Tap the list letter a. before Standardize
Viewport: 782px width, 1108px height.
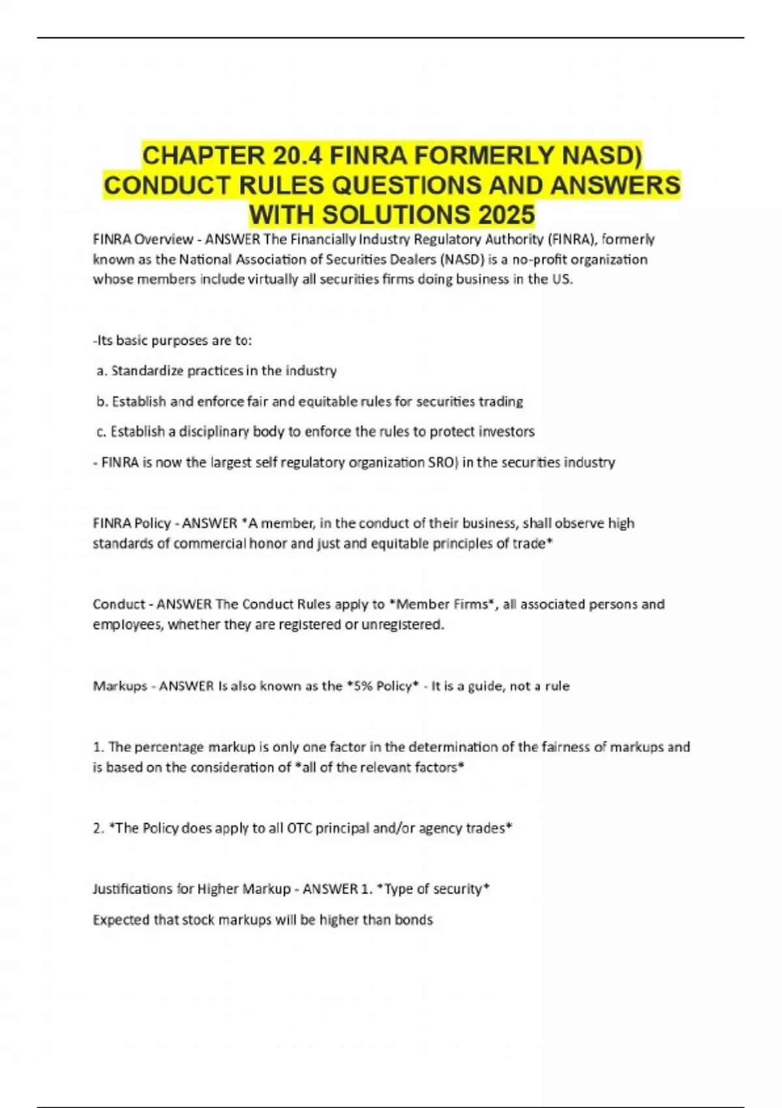tap(102, 371)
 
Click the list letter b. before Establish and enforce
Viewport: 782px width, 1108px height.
tap(102, 401)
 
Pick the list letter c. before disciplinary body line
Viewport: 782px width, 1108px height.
tap(102, 431)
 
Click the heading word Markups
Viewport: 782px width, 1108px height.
tap(120, 686)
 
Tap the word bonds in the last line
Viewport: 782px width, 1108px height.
tap(414, 920)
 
